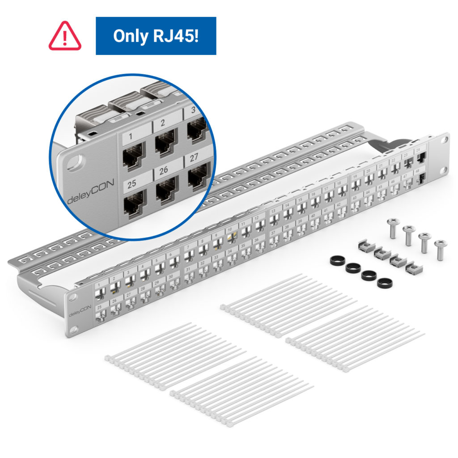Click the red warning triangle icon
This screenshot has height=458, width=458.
65,36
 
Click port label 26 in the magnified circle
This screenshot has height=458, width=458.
164,170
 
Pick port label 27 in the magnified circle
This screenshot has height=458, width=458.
193,158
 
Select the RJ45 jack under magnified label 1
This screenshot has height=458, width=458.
133,157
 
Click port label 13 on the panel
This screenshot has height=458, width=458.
273,210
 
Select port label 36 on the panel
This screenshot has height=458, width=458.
256,240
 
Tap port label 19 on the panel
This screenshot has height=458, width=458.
355,177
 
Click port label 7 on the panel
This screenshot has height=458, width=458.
188,247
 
